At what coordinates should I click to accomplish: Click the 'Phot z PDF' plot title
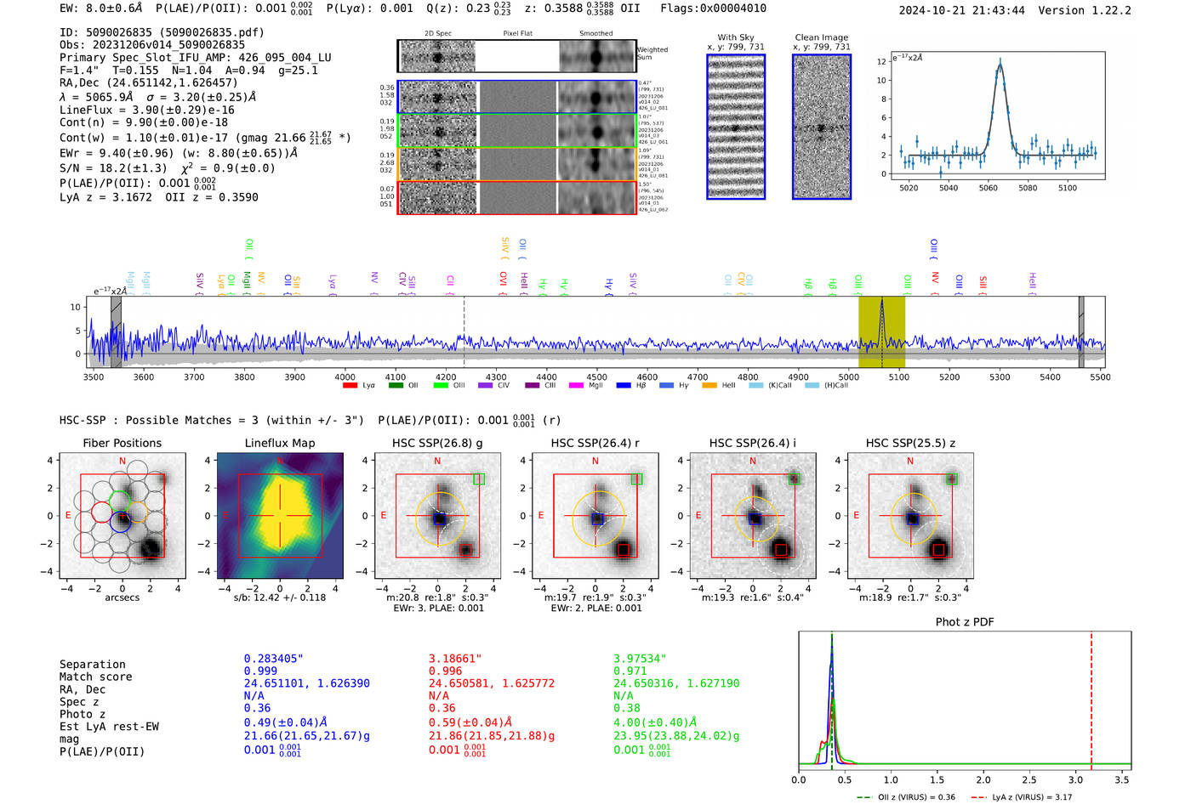[x=965, y=622]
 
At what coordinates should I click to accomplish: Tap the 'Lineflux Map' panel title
[x=279, y=443]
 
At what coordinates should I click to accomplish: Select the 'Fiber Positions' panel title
[x=122, y=443]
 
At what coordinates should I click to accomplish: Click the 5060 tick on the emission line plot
[x=988, y=188]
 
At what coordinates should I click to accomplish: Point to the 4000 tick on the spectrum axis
[x=345, y=377]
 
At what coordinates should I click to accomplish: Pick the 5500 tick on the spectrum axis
[x=1100, y=377]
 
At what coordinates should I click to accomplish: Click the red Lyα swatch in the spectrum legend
[x=350, y=386]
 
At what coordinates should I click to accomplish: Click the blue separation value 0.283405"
[x=273, y=659]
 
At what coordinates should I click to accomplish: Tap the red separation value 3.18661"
[x=454, y=659]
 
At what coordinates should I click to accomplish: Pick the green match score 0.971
[x=630, y=671]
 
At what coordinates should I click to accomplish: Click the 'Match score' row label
[x=95, y=677]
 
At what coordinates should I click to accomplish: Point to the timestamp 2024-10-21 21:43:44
[x=961, y=10]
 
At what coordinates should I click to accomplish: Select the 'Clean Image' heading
[x=821, y=37]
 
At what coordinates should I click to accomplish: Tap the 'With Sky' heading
[x=735, y=37]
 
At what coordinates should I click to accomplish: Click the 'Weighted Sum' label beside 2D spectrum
[x=652, y=54]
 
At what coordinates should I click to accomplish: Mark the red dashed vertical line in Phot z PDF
[x=1091, y=697]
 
